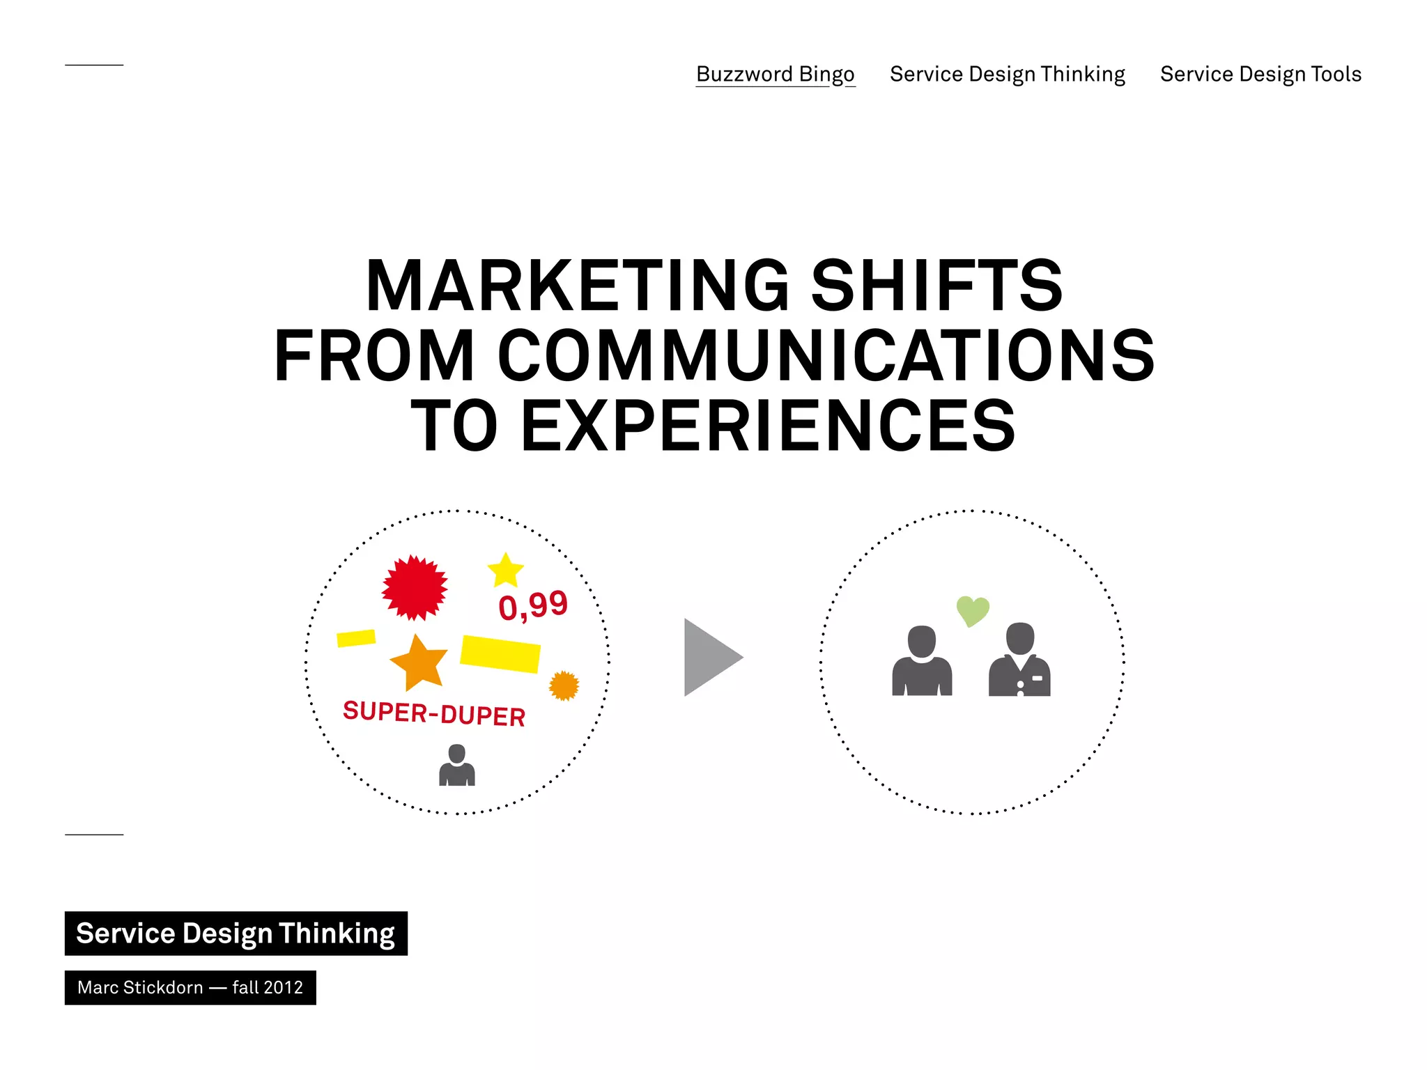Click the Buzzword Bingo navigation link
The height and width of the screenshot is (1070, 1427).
tap(775, 74)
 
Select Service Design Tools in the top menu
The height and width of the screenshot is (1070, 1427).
tap(1260, 74)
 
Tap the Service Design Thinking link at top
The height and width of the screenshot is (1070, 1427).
tap(1007, 74)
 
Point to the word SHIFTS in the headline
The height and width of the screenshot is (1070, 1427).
tap(936, 286)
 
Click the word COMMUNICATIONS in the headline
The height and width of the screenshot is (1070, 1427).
tap(826, 356)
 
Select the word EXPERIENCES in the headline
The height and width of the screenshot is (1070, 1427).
tap(768, 426)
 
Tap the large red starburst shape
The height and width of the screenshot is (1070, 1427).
tap(415, 588)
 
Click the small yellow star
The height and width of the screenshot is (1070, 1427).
tap(505, 571)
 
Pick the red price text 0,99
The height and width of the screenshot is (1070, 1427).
tap(533, 605)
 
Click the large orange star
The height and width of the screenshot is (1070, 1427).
tap(418, 662)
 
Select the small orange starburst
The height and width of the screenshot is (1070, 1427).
tap(564, 685)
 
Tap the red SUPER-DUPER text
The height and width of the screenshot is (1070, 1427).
tap(434, 714)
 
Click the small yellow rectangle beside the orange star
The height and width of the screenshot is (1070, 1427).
tap(356, 637)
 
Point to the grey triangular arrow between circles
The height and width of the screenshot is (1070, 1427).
tap(709, 657)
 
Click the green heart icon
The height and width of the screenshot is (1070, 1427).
tap(973, 611)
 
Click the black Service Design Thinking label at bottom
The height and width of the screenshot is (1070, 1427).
tap(236, 933)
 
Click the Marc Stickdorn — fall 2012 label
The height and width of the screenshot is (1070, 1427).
tap(190, 987)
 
